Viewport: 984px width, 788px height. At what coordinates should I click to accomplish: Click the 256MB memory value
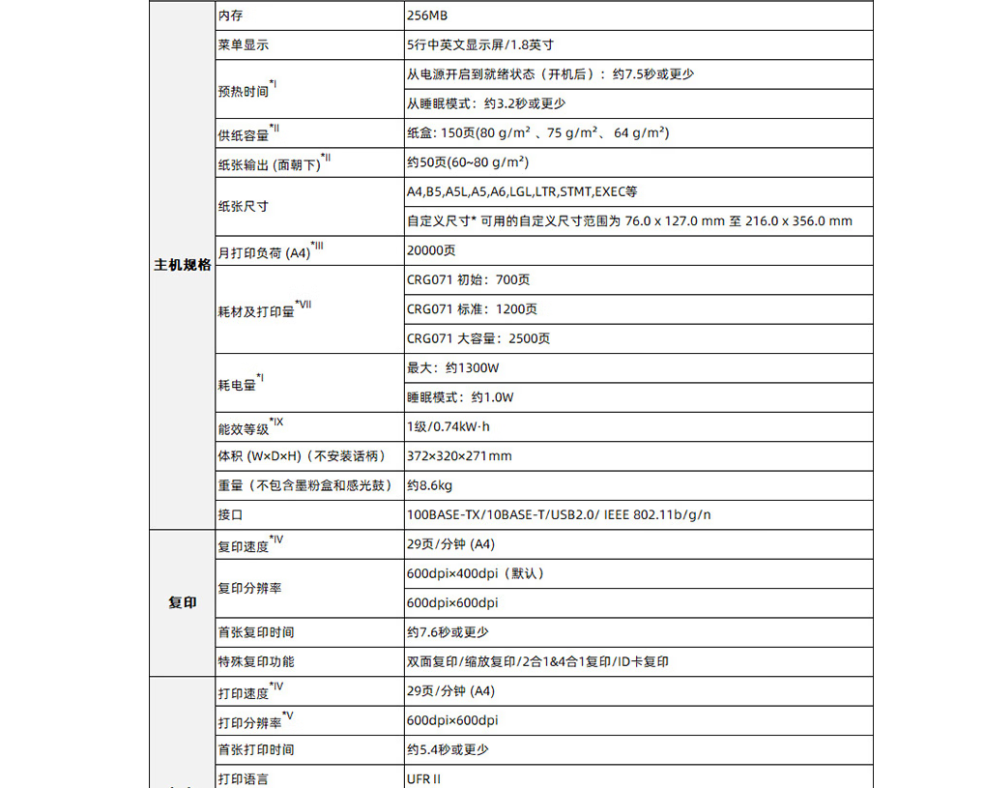pyautogui.click(x=427, y=15)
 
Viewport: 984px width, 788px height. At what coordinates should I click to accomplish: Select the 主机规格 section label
pyautogui.click(x=183, y=265)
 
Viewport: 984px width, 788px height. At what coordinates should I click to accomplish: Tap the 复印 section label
pyautogui.click(x=183, y=602)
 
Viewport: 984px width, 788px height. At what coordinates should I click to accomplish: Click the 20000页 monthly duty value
pyautogui.click(x=431, y=250)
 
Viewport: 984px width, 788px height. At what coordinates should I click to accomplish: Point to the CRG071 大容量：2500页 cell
pyautogui.click(x=478, y=338)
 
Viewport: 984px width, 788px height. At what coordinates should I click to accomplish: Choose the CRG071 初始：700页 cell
pyautogui.click(x=468, y=279)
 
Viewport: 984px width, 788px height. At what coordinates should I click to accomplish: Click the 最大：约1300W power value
pyautogui.click(x=452, y=367)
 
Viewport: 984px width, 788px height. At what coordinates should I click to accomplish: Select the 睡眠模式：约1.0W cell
pyautogui.click(x=460, y=397)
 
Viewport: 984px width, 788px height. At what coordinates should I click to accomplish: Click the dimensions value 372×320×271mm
pyautogui.click(x=459, y=456)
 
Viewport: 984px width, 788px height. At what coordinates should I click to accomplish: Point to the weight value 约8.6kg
pyautogui.click(x=430, y=485)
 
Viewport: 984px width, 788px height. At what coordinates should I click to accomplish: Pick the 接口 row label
pyautogui.click(x=230, y=515)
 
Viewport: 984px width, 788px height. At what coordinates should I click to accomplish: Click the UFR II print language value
pyautogui.click(x=425, y=778)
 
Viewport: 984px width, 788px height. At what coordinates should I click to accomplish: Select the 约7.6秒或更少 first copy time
pyautogui.click(x=448, y=632)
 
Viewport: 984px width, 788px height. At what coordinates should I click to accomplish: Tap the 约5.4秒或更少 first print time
pyautogui.click(x=448, y=749)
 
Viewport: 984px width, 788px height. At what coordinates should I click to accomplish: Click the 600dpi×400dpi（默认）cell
pyautogui.click(x=476, y=573)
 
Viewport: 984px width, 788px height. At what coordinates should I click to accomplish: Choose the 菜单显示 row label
pyautogui.click(x=244, y=44)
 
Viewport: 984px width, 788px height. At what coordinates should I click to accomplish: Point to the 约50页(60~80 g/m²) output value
pyautogui.click(x=467, y=161)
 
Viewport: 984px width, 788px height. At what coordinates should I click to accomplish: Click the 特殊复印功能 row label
pyautogui.click(x=256, y=661)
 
